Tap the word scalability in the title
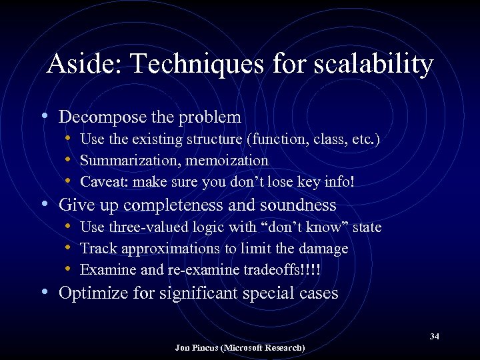(x=368, y=65)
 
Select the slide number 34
(x=434, y=337)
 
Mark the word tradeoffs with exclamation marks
(x=295, y=270)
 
